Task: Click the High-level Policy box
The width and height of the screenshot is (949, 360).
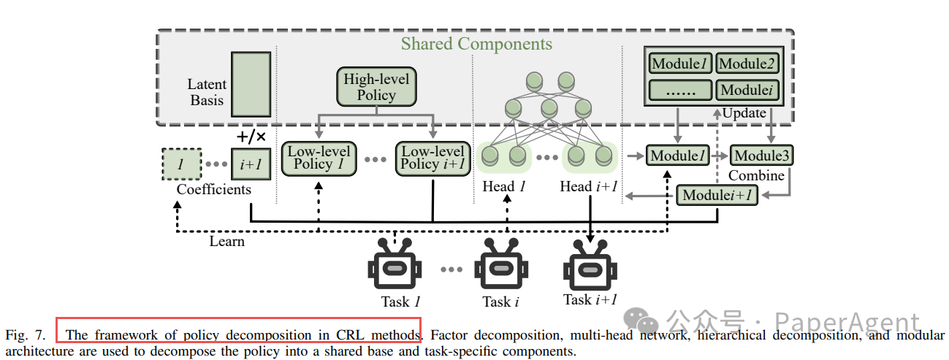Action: pos(376,87)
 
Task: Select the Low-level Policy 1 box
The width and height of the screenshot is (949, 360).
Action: pos(319,158)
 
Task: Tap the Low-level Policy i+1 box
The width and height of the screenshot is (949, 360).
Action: pos(432,158)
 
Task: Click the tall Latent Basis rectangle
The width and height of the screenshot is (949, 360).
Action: pos(251,84)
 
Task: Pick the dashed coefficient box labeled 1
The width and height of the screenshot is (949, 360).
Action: pos(182,164)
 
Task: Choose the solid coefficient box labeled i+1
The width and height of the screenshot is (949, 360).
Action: pos(251,164)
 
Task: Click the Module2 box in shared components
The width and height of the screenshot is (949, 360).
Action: pos(747,64)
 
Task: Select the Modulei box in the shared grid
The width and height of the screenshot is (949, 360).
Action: pos(747,90)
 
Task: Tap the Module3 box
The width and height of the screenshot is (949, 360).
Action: pos(761,156)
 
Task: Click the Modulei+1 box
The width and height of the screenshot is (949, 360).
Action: pos(717,195)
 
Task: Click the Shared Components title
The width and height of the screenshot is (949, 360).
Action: pos(476,44)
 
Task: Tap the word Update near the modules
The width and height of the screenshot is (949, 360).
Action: pos(744,113)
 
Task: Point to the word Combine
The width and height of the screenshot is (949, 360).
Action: pos(756,175)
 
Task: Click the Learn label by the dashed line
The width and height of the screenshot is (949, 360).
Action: pos(226,242)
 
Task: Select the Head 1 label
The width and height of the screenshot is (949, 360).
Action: pos(504,186)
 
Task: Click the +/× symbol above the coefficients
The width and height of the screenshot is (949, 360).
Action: pos(251,137)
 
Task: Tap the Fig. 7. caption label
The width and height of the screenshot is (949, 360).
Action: pos(25,335)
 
